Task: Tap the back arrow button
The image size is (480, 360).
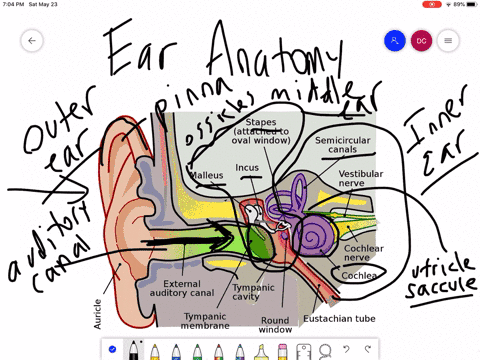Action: (32, 41)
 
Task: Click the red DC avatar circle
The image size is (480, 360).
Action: (422, 41)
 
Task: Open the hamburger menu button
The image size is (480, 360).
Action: (448, 41)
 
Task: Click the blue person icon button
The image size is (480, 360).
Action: (395, 41)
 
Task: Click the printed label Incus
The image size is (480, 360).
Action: (248, 167)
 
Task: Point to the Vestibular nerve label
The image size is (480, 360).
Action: (361, 178)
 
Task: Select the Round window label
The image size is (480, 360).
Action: (276, 323)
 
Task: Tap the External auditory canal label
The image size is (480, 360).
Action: (188, 289)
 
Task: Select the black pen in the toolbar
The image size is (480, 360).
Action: (134, 350)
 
